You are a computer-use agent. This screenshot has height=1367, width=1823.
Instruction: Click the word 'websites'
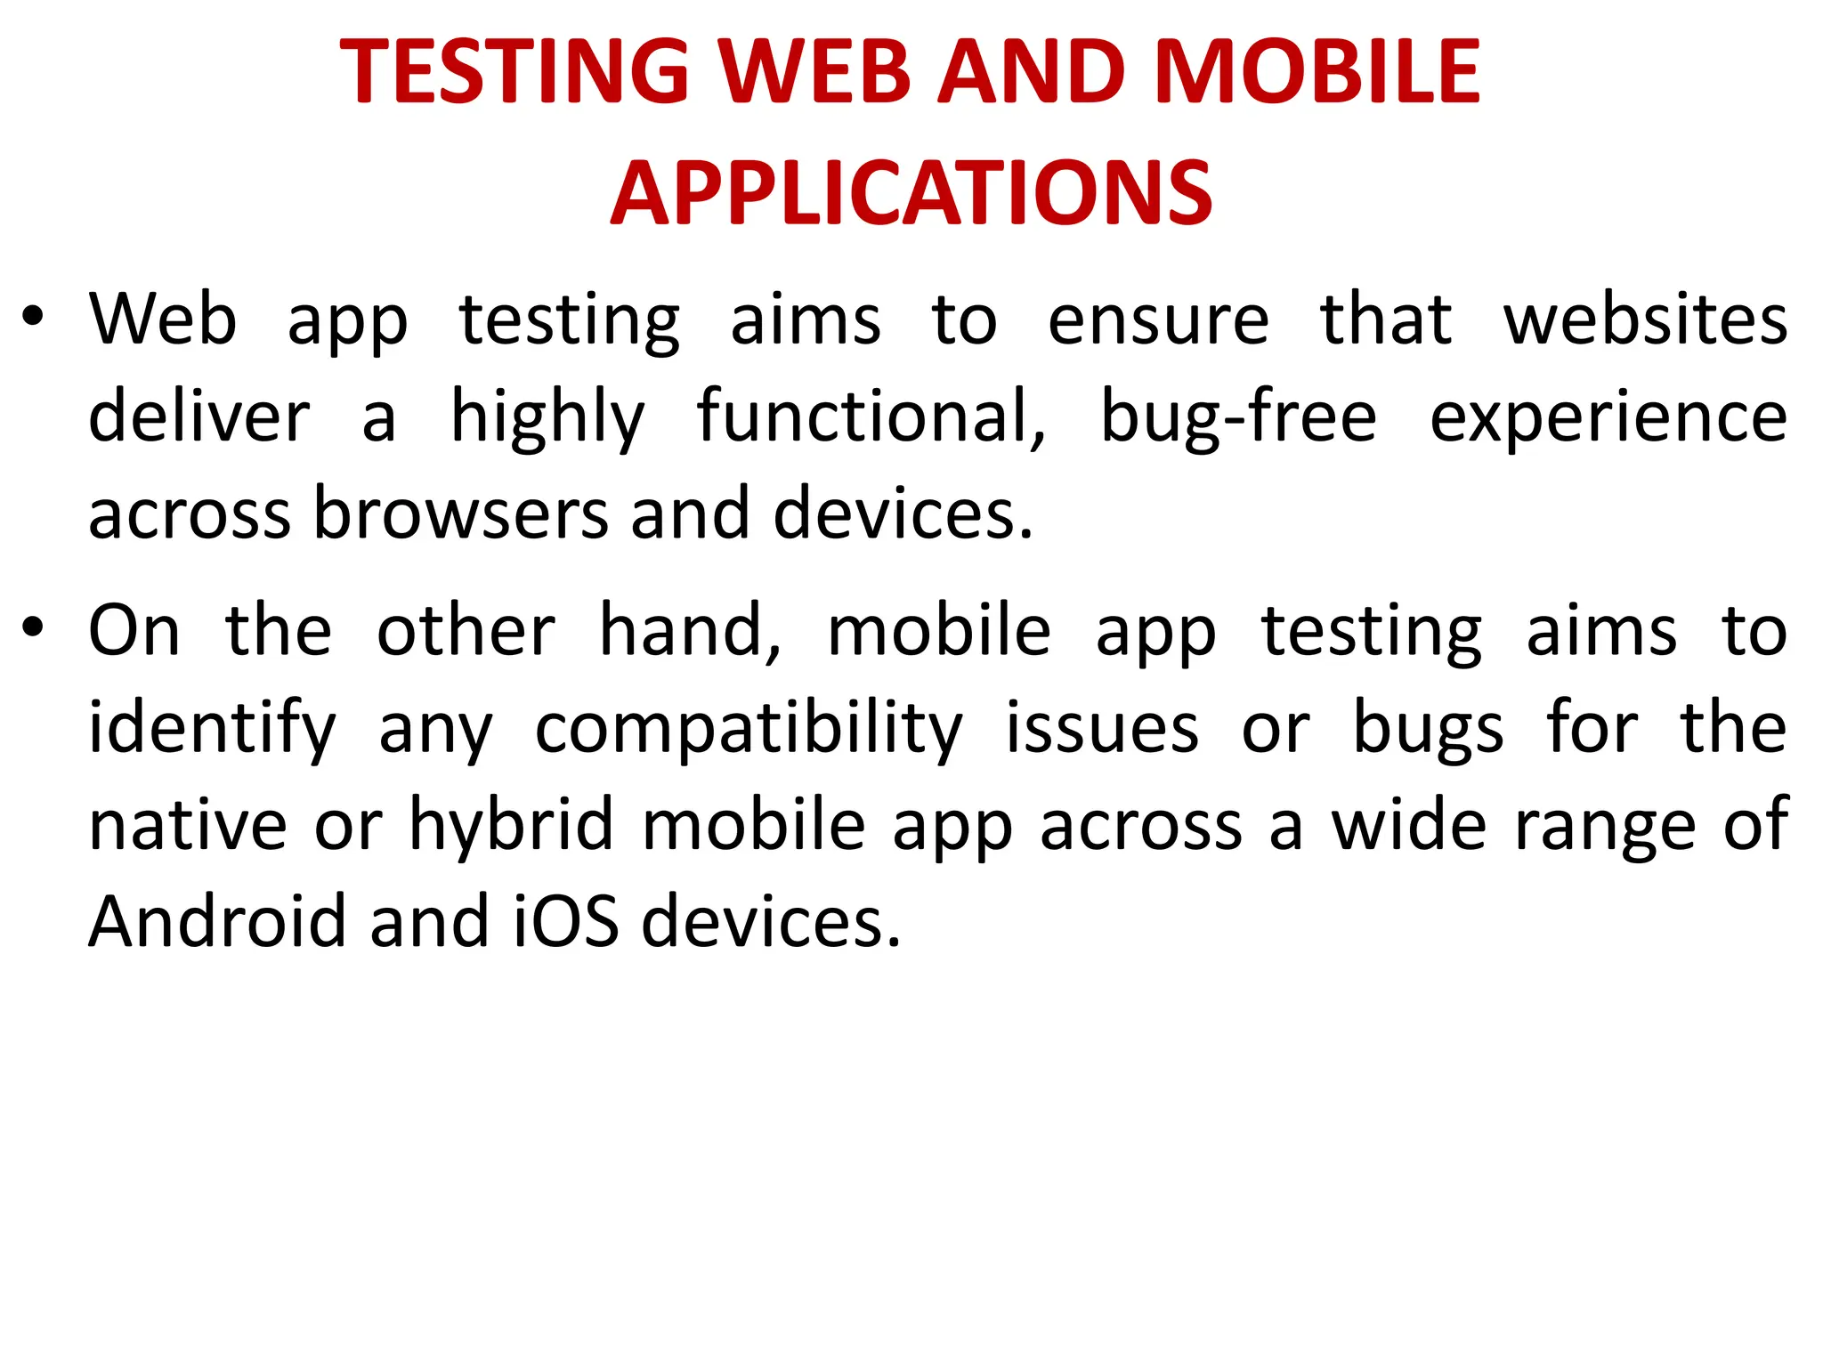tap(1645, 320)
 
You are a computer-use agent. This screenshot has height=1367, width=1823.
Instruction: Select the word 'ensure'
tap(1158, 320)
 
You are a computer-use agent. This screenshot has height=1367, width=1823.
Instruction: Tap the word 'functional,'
tap(871, 417)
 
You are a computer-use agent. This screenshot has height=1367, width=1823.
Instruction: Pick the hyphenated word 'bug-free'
tap(1238, 417)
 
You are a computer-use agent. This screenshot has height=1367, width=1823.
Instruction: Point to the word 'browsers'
tap(460, 514)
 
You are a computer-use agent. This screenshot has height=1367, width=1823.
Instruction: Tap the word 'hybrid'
tap(511, 826)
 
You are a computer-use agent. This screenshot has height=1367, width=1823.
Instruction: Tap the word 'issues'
tap(1102, 728)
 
